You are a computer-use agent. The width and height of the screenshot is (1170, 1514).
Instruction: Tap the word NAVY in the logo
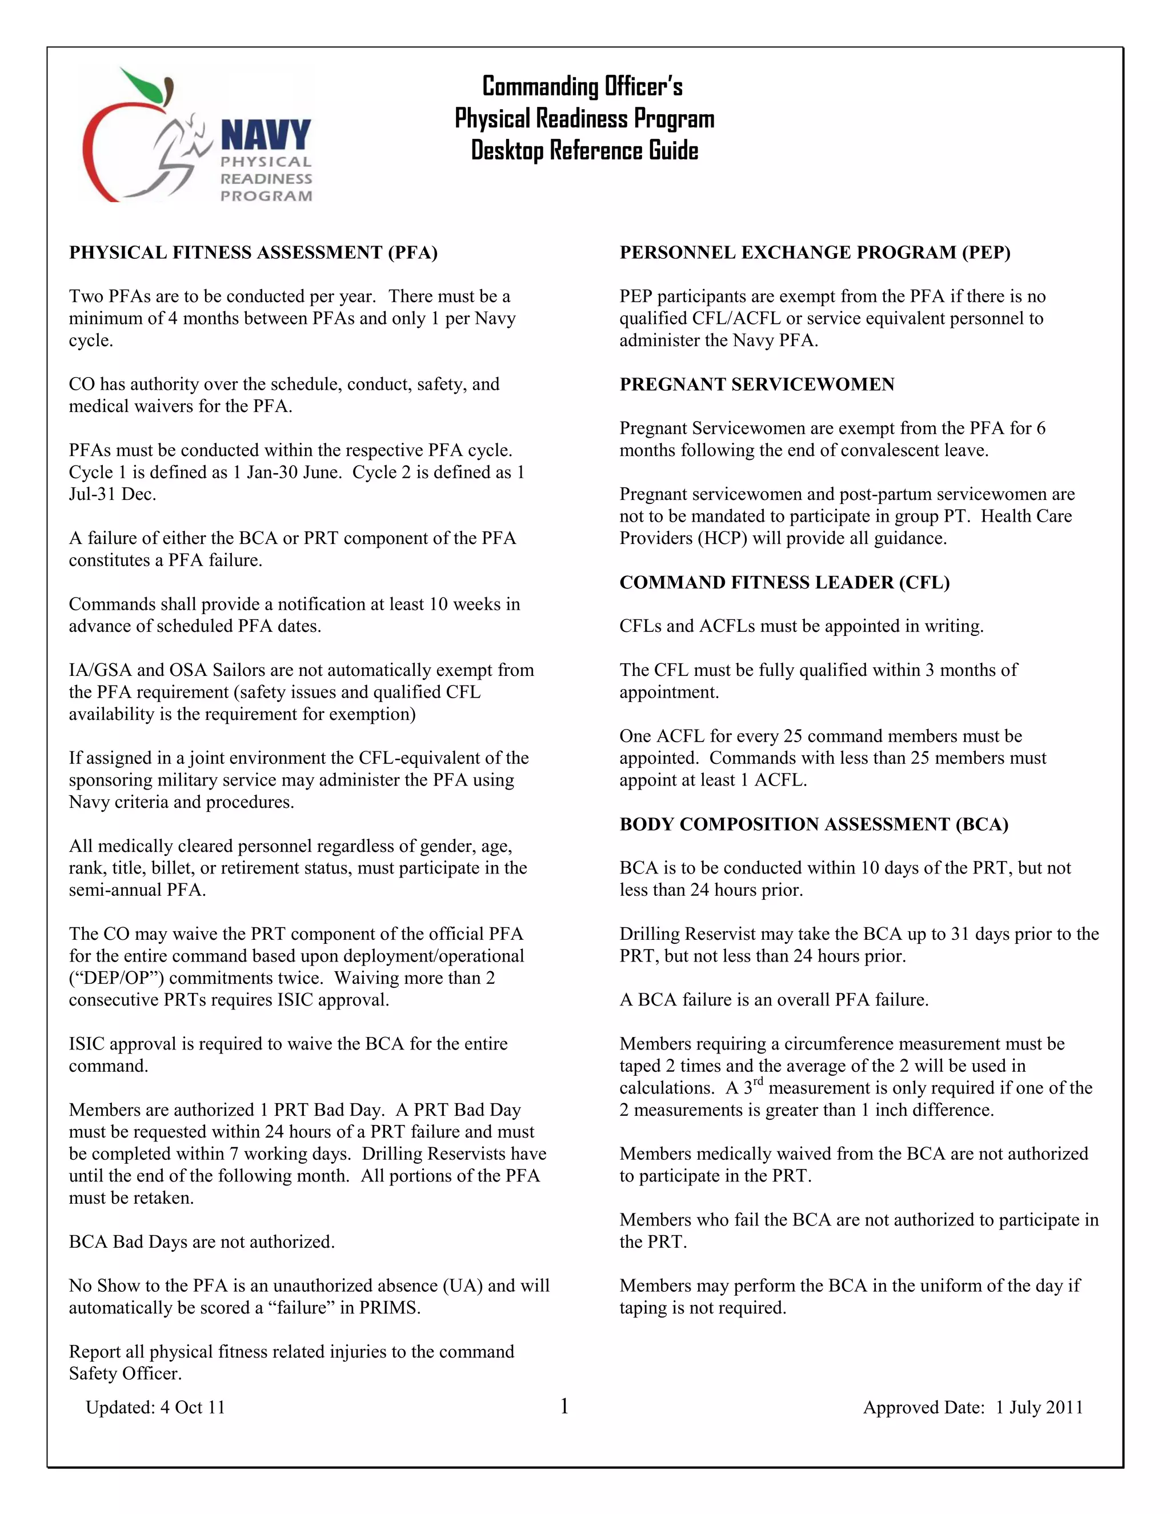(x=266, y=134)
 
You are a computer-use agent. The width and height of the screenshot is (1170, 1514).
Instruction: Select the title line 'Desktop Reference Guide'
(x=584, y=150)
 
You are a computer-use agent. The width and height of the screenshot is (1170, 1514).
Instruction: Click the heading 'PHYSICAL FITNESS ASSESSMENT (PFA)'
(x=253, y=253)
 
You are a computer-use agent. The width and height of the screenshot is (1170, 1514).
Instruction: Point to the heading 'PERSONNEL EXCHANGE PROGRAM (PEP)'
(x=815, y=253)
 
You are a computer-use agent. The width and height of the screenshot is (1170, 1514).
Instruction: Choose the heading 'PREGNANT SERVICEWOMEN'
(x=757, y=384)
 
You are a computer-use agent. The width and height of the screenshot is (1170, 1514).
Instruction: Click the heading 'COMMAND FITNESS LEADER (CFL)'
(x=784, y=582)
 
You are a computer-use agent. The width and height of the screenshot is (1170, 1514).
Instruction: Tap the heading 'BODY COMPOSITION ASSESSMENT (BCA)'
(x=814, y=824)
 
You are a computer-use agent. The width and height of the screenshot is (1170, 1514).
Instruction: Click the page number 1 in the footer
(x=564, y=1406)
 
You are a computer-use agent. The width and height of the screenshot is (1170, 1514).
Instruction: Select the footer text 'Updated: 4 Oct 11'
(x=155, y=1407)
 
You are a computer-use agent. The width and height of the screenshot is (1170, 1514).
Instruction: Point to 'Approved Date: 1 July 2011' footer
(x=972, y=1407)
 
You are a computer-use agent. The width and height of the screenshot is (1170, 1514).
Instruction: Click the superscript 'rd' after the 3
(x=758, y=1082)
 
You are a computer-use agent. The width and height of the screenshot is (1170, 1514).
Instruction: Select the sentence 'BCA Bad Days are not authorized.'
(x=202, y=1241)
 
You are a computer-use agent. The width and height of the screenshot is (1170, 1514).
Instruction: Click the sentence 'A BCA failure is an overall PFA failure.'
(x=774, y=1000)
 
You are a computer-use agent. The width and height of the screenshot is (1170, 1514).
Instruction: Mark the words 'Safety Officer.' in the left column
(x=125, y=1374)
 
